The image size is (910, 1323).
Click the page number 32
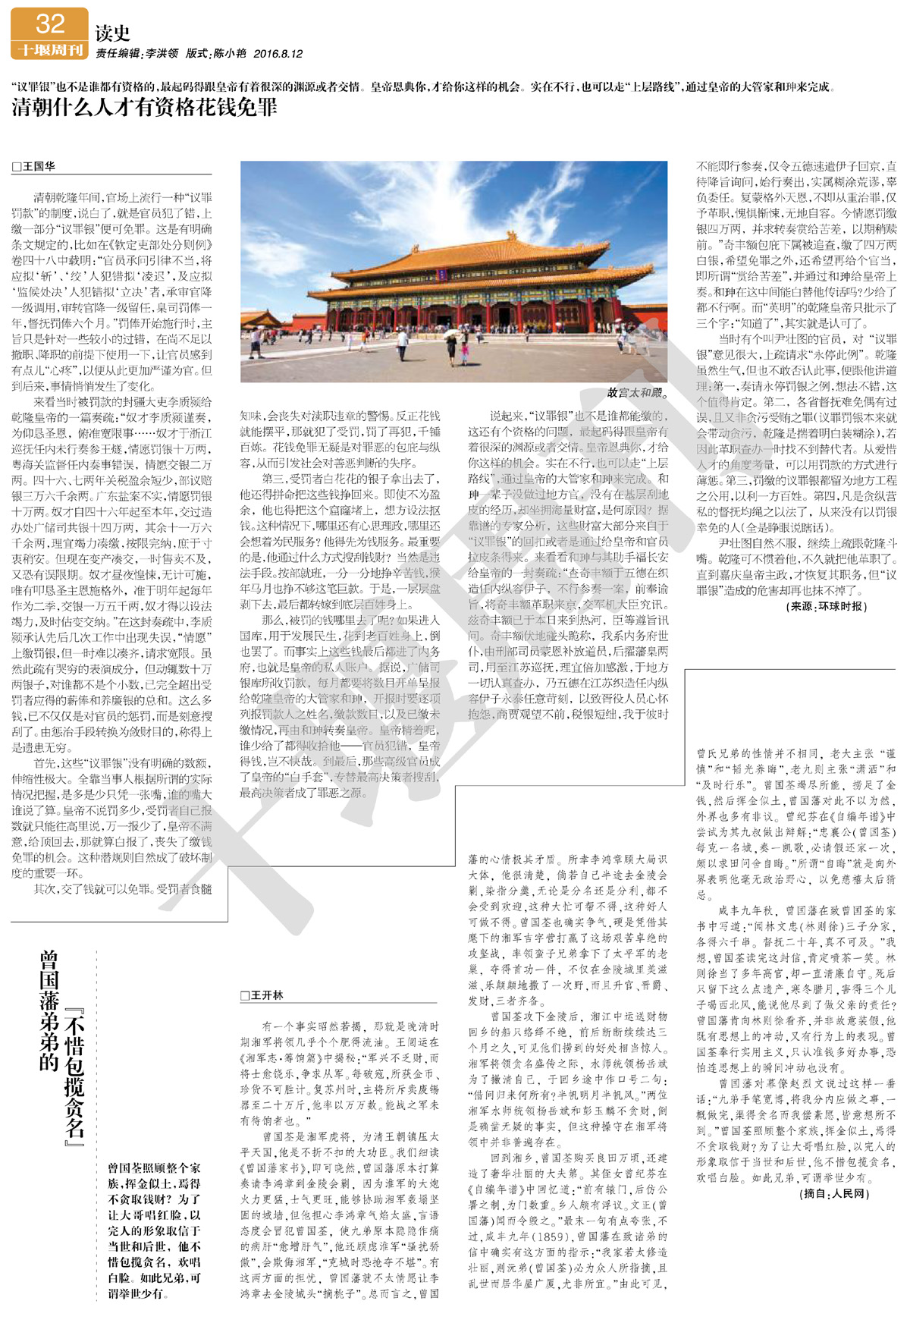[x=50, y=24]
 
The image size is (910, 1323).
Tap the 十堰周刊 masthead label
[x=50, y=50]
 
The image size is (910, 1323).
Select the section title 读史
[x=112, y=33]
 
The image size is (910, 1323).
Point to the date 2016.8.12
[x=278, y=54]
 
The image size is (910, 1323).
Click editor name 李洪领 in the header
[x=162, y=54]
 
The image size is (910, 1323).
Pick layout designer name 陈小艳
[x=230, y=54]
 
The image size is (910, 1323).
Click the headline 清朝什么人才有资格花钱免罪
[x=144, y=107]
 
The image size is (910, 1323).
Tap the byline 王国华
[x=38, y=166]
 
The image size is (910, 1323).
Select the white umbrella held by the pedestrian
[x=452, y=332]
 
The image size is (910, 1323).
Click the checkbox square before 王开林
[x=244, y=995]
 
